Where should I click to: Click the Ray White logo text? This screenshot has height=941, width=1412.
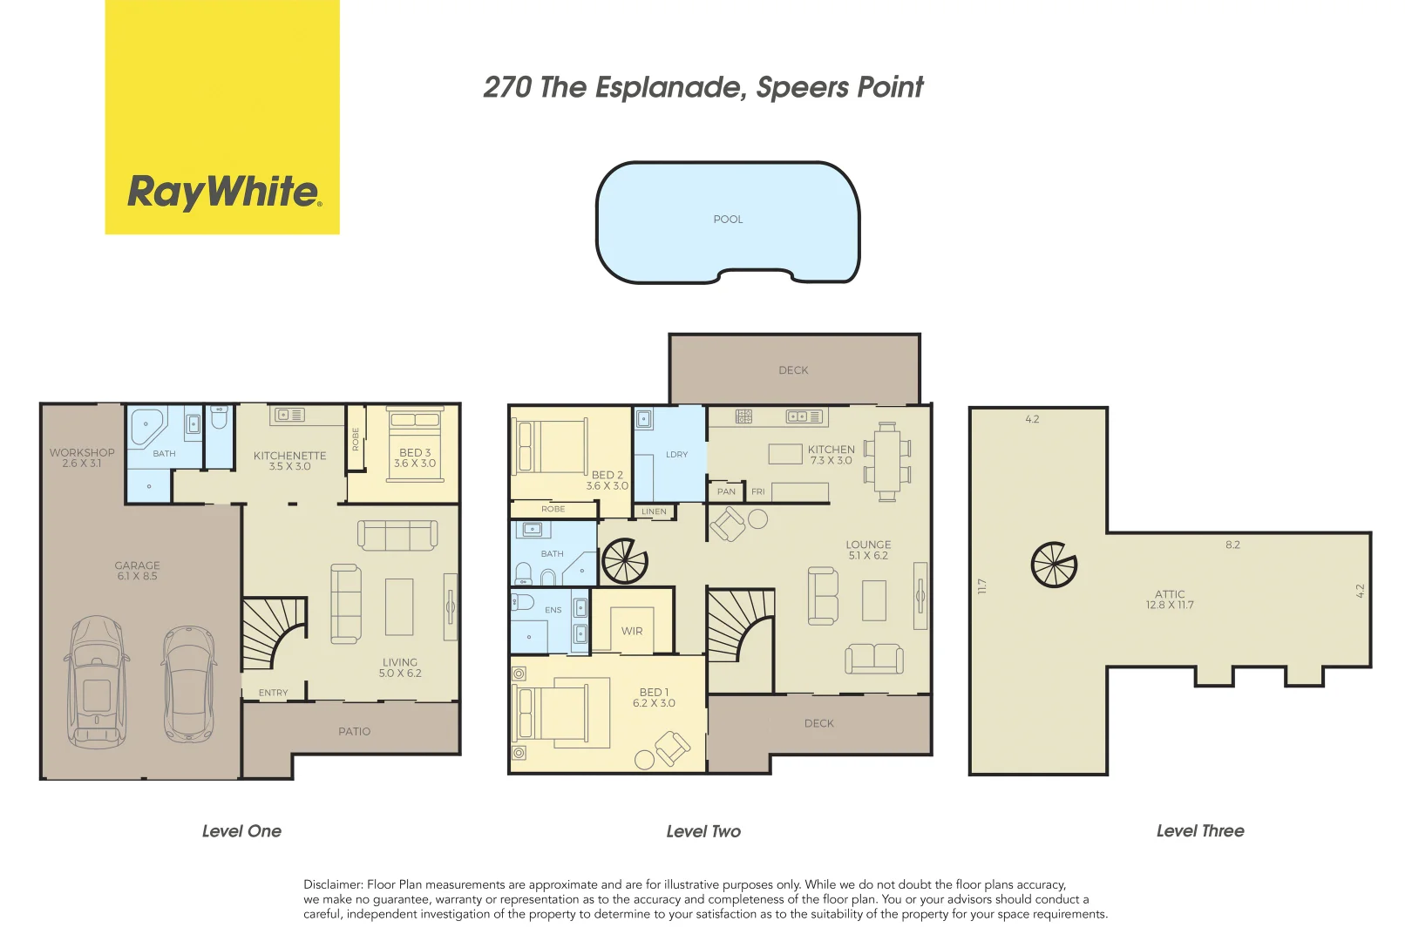(224, 191)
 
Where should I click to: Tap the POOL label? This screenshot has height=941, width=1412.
(728, 220)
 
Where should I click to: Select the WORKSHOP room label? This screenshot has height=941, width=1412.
(82, 453)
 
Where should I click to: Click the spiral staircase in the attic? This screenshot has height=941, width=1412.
(1054, 565)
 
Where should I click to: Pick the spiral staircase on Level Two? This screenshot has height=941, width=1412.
(625, 561)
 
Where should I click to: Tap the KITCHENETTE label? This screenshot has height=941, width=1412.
(290, 456)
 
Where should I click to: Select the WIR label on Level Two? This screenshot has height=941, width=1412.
(632, 631)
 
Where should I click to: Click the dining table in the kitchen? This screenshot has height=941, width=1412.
(887, 462)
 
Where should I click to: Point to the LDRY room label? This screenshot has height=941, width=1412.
(676, 455)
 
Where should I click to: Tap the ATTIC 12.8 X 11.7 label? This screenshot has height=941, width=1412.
(1170, 599)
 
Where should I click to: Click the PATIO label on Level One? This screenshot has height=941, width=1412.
(354, 732)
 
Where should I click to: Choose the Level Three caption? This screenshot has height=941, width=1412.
(1199, 831)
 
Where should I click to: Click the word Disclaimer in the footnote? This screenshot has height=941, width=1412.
(332, 884)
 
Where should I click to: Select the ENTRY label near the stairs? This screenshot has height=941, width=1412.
(273, 693)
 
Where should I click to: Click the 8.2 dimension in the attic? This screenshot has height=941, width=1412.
(1232, 545)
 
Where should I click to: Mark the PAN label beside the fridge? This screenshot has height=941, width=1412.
(726, 492)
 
